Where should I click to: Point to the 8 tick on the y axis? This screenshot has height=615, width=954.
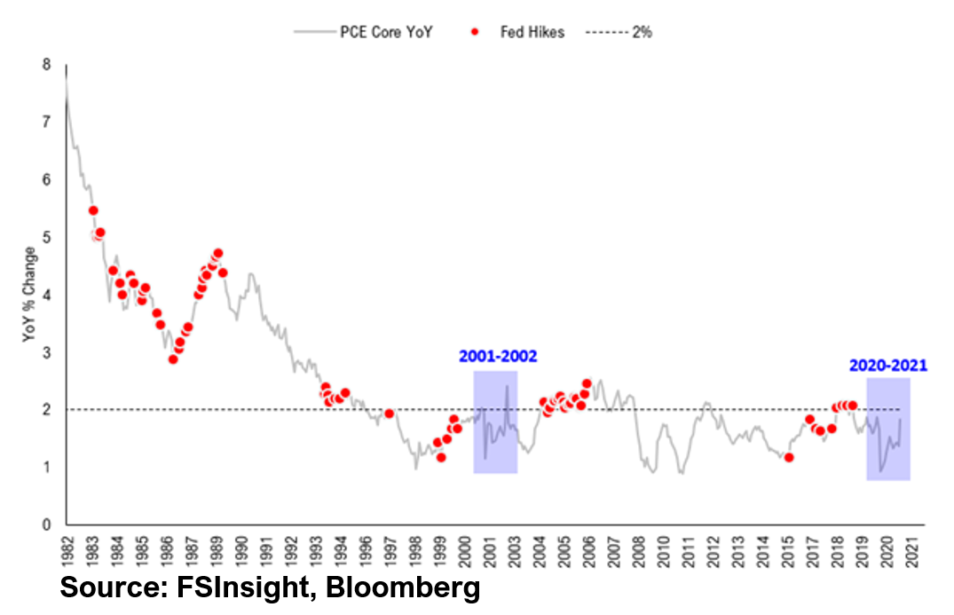click(46, 65)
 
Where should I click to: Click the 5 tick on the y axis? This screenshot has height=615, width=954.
click(46, 238)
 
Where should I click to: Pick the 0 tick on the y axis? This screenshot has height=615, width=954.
click(46, 525)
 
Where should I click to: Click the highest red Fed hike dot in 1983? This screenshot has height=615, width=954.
click(93, 210)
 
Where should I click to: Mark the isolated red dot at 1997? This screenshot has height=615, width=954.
click(389, 414)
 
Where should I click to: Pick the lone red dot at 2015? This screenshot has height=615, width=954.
click(789, 457)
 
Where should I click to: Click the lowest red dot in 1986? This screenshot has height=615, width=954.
click(173, 359)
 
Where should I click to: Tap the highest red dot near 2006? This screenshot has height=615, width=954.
click(587, 383)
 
